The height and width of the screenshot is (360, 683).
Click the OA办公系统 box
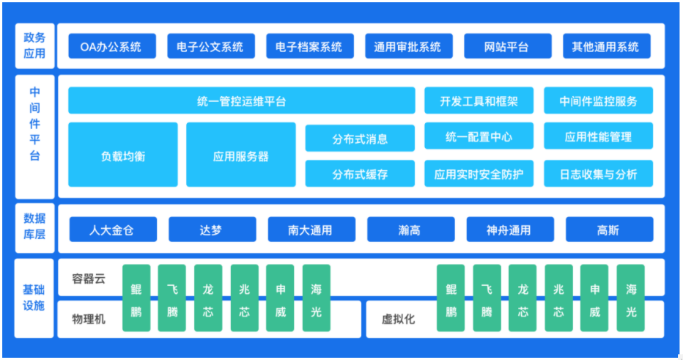[x=112, y=46]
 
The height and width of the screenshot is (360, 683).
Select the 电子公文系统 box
[x=211, y=46]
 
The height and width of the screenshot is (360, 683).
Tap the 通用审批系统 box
[x=409, y=46]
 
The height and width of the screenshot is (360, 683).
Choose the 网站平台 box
[x=507, y=46]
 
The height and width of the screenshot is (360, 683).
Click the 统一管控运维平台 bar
[x=242, y=100]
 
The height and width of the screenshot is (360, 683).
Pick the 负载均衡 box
[x=123, y=155]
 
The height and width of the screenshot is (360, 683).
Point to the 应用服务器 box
[x=241, y=155]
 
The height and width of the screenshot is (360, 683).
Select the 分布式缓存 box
[x=360, y=174]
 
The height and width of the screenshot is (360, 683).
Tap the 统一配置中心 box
[x=479, y=136]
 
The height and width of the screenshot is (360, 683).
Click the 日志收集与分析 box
[x=598, y=174]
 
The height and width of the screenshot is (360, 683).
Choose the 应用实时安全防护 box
[x=479, y=174]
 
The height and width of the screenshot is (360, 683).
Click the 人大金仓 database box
[x=113, y=229]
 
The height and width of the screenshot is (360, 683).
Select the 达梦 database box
[x=212, y=229]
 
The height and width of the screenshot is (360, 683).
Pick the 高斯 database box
[x=610, y=229]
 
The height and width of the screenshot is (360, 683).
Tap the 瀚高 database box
[x=411, y=229]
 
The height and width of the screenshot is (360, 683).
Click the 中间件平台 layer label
[x=35, y=124]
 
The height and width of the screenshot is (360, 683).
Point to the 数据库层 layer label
[x=34, y=227]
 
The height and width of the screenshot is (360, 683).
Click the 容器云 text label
[x=89, y=279]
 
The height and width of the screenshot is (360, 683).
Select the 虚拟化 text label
[x=398, y=319]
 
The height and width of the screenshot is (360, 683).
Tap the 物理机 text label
[x=89, y=319]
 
